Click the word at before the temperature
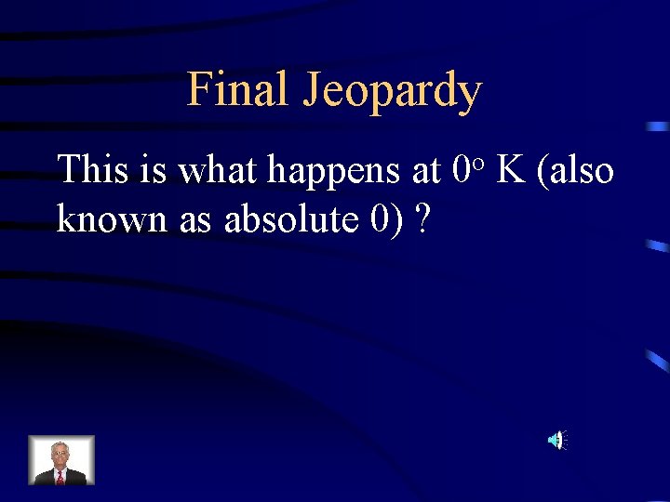(424, 171)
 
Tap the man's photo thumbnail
(60, 460)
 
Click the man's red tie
(60, 476)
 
